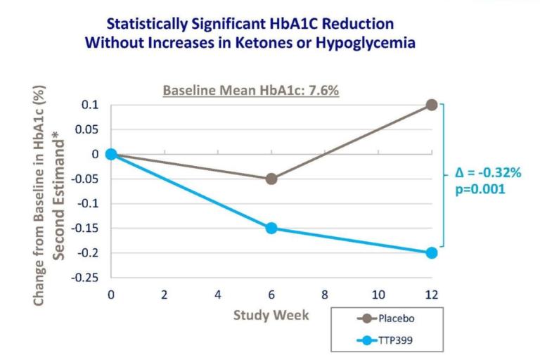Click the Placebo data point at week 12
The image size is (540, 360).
tap(432, 105)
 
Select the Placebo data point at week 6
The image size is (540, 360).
tap(271, 179)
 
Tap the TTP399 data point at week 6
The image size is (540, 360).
tap(271, 228)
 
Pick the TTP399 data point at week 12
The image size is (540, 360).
tap(432, 252)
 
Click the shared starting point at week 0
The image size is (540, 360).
tap(111, 154)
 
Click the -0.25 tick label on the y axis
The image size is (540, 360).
tap(86, 277)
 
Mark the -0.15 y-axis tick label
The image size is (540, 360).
tap(86, 228)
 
